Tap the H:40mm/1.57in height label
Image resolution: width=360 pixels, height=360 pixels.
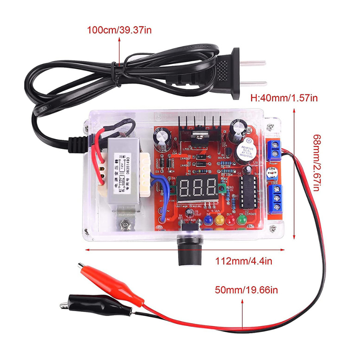[283, 97]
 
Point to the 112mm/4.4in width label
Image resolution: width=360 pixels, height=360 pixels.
[244, 261]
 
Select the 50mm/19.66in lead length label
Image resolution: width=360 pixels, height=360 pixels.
[246, 289]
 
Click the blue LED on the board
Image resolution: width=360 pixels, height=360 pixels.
[208, 219]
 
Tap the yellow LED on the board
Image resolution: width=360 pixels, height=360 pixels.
[219, 219]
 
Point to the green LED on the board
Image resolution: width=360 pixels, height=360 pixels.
[241, 219]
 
